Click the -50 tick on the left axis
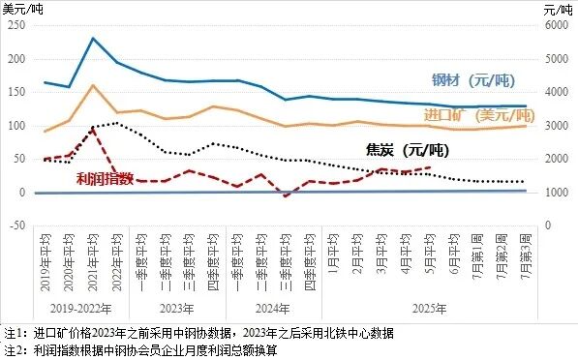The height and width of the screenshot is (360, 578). click(x=16, y=226)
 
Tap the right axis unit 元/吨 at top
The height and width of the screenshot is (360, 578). click(x=558, y=9)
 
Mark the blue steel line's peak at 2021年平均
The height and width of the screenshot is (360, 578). click(x=93, y=39)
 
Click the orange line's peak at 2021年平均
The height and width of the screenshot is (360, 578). click(x=93, y=85)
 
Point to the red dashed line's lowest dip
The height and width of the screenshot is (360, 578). click(x=286, y=195)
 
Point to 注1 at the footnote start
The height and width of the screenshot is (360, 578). click(x=12, y=332)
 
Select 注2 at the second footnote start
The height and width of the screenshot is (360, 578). click(x=12, y=349)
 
